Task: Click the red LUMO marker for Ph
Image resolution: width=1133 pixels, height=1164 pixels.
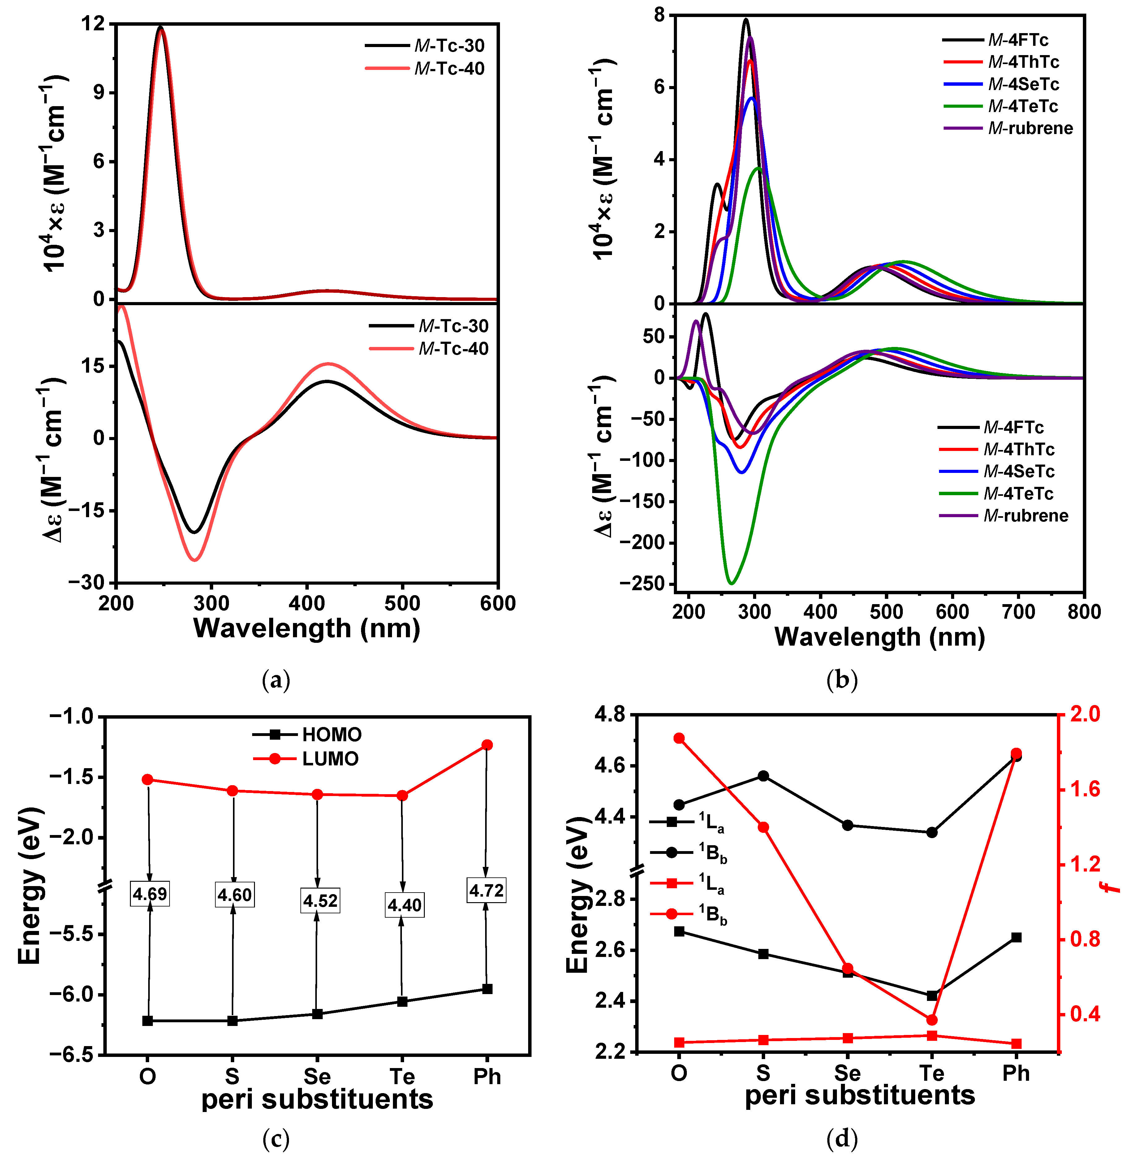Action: (x=487, y=745)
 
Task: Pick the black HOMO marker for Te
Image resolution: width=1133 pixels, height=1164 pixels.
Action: (x=402, y=1002)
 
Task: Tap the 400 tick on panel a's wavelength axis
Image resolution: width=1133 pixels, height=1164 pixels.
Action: (x=307, y=603)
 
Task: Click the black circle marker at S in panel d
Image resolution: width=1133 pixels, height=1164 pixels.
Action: (x=764, y=776)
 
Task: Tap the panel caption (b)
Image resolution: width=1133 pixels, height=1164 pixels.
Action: (x=842, y=679)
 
